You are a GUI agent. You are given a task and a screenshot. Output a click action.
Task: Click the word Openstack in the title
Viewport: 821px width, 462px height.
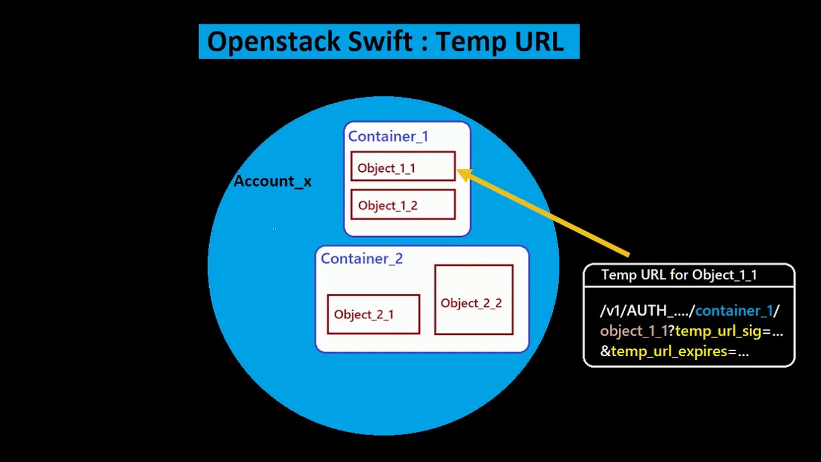point(274,42)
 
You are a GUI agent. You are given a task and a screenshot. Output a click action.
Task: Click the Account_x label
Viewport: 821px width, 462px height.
point(273,182)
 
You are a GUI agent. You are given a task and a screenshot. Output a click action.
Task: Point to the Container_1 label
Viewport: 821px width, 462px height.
point(388,137)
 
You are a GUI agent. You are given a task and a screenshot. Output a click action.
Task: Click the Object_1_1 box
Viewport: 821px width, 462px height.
point(403,167)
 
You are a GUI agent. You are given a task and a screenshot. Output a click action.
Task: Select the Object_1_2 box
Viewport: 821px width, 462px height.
point(403,205)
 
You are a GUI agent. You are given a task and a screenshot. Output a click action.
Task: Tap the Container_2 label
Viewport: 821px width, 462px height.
point(362,259)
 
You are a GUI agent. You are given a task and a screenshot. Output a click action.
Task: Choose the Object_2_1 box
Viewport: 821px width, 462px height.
point(373,314)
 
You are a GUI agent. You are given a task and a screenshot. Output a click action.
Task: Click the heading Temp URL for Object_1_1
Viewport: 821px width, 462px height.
point(679,275)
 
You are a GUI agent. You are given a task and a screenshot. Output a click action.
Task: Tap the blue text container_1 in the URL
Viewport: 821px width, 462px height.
point(734,311)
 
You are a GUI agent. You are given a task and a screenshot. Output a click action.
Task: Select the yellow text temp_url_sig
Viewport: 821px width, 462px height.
point(718,332)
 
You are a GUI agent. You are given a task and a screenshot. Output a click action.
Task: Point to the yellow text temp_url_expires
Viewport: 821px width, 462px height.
point(669,352)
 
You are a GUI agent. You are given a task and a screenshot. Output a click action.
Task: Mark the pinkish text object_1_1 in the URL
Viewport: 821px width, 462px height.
point(634,332)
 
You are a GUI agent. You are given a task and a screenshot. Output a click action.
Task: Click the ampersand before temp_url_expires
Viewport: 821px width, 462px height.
point(605,352)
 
